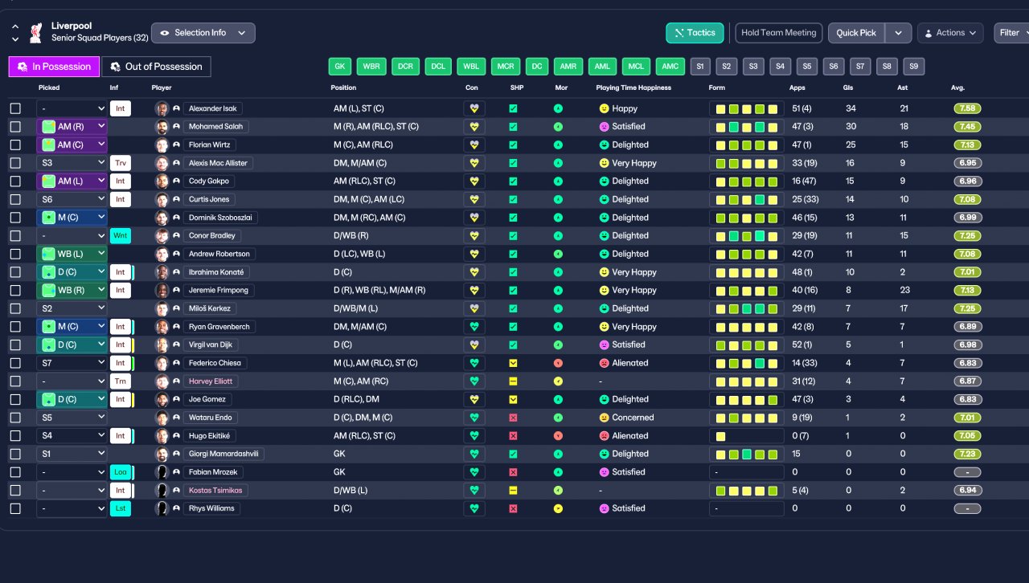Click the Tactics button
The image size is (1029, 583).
695,33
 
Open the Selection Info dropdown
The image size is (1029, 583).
203,33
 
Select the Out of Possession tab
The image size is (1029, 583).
156,67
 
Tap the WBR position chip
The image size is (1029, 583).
371,67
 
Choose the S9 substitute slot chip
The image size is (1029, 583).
913,67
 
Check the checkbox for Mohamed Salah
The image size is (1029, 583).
15,127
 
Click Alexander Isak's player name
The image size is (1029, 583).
213,108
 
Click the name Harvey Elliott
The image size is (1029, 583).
211,381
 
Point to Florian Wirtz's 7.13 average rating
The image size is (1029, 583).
967,145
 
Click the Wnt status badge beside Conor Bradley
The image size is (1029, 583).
121,236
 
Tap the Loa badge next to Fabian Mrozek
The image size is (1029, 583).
121,472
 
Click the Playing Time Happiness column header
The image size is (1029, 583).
633,88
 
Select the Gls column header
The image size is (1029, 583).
848,88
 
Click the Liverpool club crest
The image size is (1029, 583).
36,33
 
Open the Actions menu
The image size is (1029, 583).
950,33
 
